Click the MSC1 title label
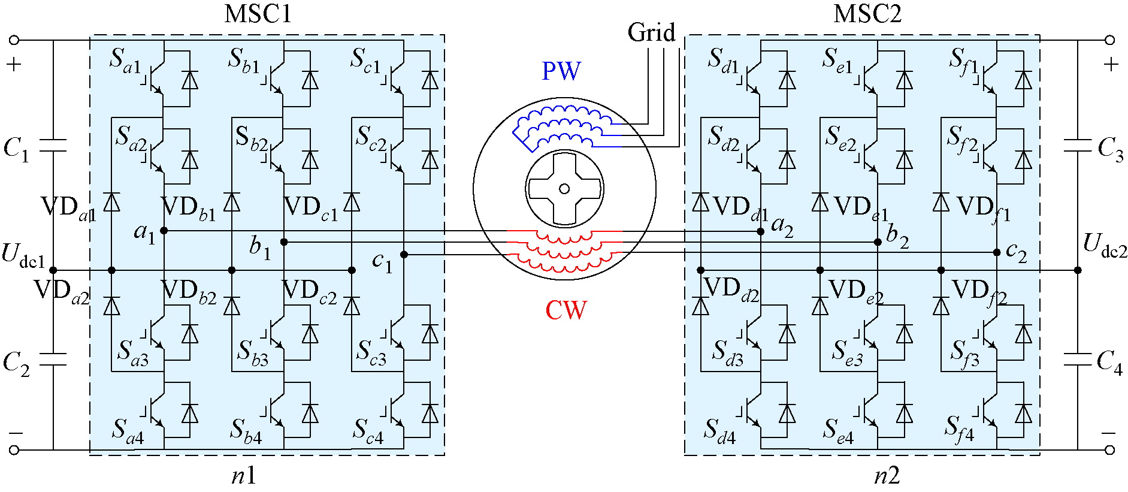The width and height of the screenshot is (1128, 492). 258,14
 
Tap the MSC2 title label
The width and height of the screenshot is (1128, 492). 867,14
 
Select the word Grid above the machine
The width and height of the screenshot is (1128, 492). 651,32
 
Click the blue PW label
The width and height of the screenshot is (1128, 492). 561,71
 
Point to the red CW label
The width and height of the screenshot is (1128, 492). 565,310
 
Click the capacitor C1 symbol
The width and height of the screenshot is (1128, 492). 53,146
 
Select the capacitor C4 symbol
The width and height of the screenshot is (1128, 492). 1077,360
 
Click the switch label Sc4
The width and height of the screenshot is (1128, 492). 367,431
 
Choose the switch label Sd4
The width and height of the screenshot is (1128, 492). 719,431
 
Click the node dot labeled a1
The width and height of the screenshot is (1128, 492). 164,231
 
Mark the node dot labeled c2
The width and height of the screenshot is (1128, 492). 997,252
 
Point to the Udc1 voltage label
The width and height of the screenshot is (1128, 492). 23,254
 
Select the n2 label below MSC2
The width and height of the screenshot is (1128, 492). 887,476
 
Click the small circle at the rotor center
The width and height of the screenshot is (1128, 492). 564,189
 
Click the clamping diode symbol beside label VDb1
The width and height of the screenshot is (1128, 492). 232,203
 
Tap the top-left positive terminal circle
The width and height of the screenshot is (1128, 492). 14,40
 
